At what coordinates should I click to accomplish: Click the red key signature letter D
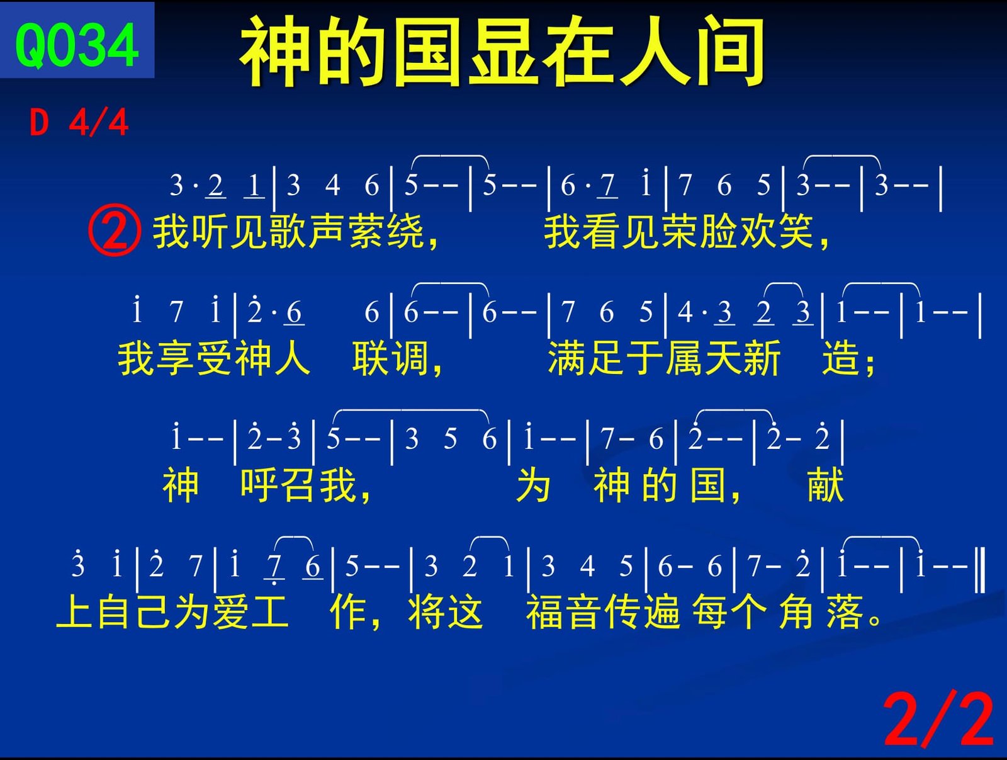click(39, 123)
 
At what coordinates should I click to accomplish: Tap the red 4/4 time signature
click(98, 123)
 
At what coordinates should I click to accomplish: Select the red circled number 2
click(114, 230)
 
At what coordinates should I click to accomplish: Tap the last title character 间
click(729, 52)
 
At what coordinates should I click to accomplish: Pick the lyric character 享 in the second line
click(174, 359)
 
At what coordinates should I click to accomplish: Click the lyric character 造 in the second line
click(840, 359)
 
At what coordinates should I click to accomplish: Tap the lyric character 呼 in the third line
click(259, 485)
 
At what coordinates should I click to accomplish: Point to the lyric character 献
click(825, 485)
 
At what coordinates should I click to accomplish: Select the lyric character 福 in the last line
click(544, 612)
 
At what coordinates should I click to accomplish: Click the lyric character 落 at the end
click(845, 612)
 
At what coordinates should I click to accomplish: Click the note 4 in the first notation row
click(332, 185)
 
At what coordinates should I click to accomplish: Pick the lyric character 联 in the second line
click(370, 359)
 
